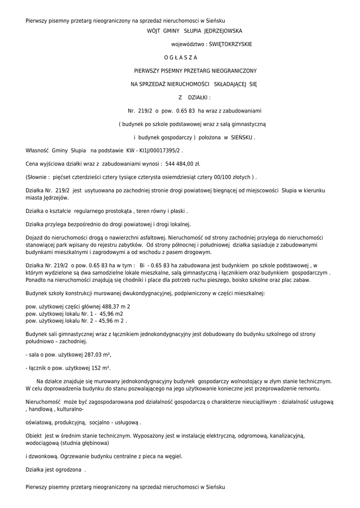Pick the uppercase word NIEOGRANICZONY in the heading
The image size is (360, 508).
pyautogui.click(x=234, y=71)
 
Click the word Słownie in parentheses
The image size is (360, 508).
pyautogui.click(x=37, y=177)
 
